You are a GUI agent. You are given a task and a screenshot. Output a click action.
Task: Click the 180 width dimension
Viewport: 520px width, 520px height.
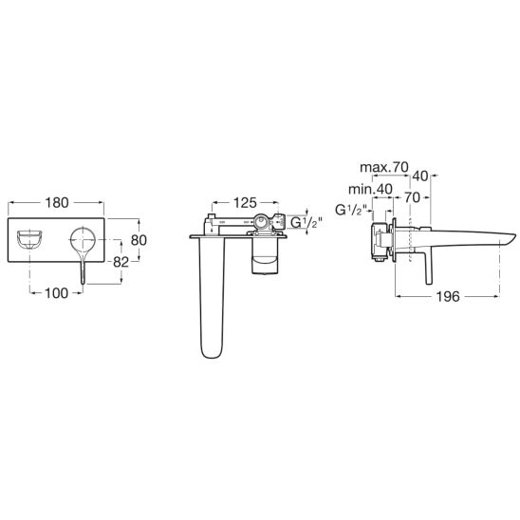(57, 203)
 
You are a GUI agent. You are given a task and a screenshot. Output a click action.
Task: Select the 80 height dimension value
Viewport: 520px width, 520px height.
(139, 240)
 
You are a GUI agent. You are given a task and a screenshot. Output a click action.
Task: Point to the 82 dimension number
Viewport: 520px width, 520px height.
(121, 262)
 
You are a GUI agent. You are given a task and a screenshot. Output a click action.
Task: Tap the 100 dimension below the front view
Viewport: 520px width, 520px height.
(56, 293)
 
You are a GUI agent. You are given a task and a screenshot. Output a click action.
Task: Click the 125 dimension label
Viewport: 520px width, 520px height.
(245, 203)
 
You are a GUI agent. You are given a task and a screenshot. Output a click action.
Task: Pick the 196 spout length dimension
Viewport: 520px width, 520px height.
(448, 296)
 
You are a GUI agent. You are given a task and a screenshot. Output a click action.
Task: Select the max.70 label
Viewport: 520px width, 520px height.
(384, 167)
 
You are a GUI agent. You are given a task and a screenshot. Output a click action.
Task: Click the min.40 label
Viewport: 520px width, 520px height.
(370, 189)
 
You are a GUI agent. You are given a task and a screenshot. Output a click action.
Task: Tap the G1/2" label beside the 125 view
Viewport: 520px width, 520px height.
(306, 223)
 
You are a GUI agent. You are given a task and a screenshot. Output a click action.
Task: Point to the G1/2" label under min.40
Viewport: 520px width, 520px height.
(351, 210)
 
